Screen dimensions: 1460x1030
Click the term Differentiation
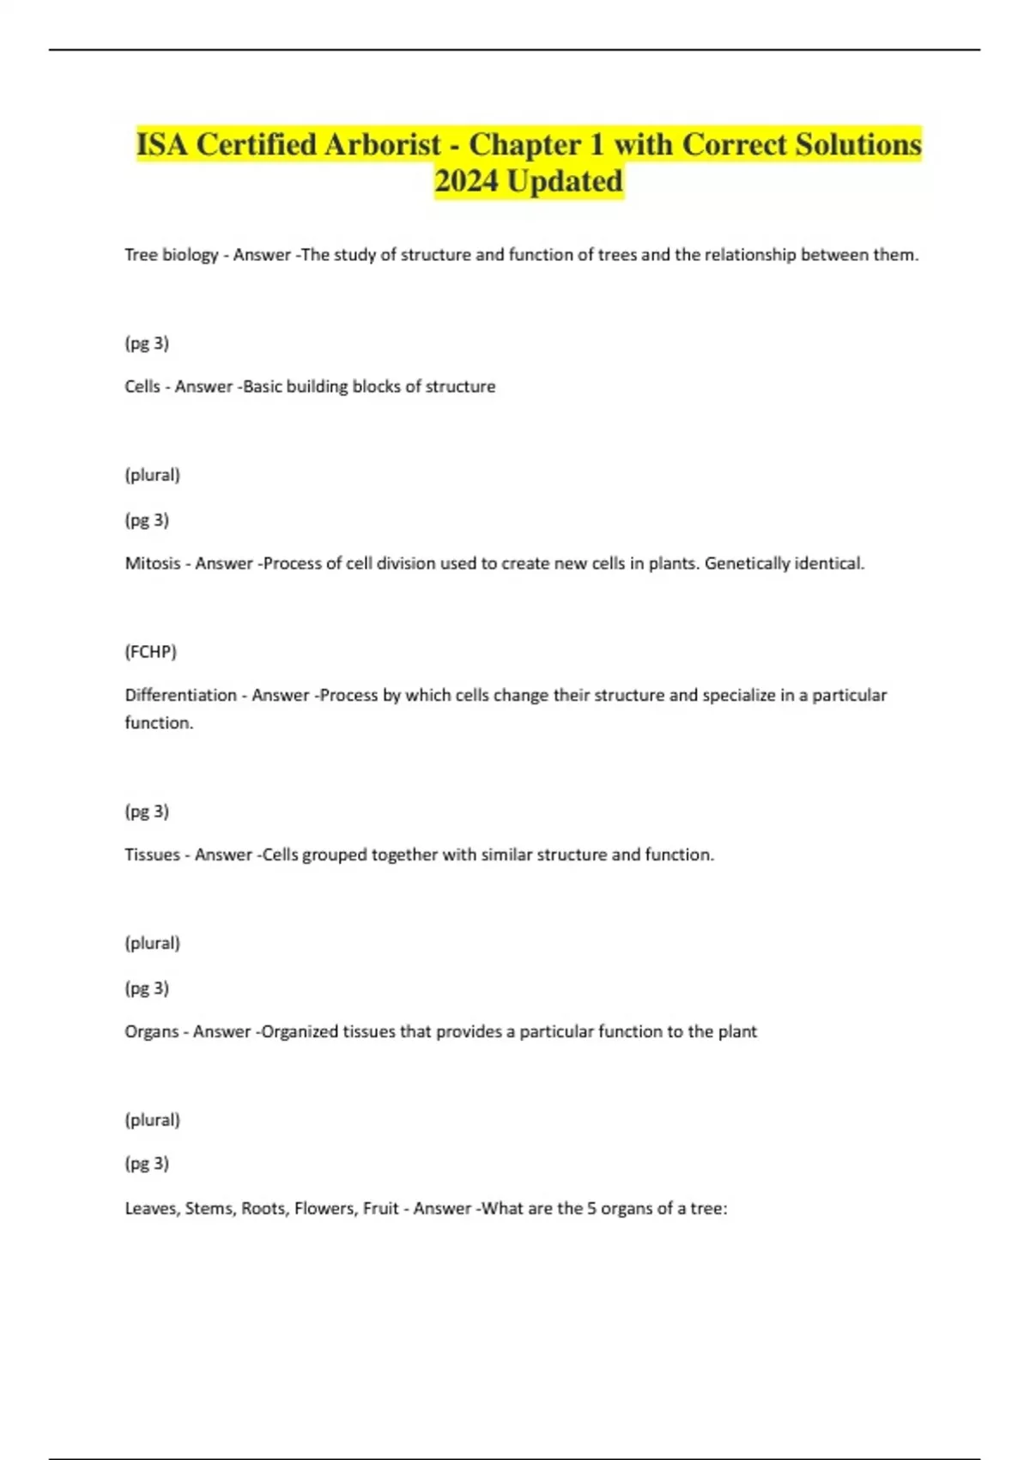(180, 695)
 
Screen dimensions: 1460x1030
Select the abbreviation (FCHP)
(151, 652)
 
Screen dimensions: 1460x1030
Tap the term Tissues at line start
(152, 855)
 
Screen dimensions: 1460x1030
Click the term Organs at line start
(152, 1031)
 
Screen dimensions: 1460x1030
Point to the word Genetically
(746, 563)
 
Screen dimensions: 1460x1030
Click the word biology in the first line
(191, 255)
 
